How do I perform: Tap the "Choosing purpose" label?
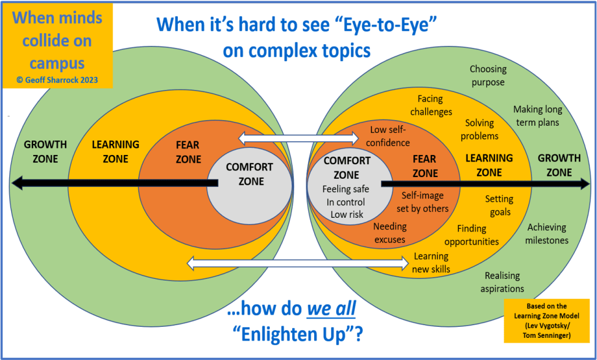488,76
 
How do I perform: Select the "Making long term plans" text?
537,116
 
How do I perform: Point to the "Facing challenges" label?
431,105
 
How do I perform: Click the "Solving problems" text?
479,129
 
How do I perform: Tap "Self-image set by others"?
425,202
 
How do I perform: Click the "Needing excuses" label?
389,232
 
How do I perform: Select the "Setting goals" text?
499,206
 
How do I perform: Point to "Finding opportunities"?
471,235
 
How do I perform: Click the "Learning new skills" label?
431,262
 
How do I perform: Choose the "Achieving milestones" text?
547,234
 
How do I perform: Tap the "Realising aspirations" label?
502,282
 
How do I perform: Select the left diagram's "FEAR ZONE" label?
187,153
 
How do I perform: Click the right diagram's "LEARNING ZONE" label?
489,165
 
